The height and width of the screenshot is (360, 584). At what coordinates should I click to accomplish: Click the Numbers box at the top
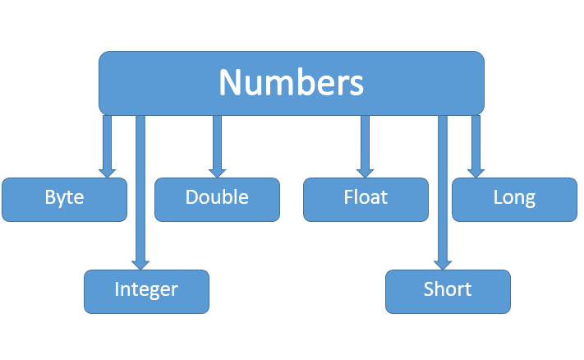click(291, 83)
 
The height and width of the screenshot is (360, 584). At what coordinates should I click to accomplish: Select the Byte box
click(64, 199)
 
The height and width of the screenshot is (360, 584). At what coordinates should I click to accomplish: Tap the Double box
click(217, 199)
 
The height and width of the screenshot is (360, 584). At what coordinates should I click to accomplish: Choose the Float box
click(366, 199)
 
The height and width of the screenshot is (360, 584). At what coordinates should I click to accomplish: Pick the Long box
click(514, 199)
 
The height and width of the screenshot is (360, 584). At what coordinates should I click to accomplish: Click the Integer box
click(146, 291)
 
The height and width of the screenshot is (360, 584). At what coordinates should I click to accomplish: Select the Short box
click(448, 291)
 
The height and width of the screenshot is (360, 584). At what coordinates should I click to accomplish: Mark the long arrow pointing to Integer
click(140, 189)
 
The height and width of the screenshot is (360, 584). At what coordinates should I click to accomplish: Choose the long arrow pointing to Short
click(443, 189)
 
